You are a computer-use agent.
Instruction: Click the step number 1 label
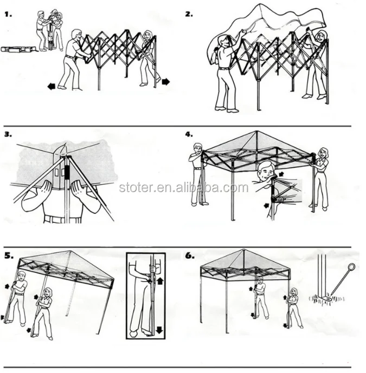click(x=9, y=14)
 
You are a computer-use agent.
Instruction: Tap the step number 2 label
click(x=189, y=14)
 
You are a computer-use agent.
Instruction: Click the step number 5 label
click(x=9, y=255)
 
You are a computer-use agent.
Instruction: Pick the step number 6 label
click(x=189, y=255)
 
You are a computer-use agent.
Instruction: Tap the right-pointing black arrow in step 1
click(x=165, y=82)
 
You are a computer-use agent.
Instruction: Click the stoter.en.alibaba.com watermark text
click(x=183, y=188)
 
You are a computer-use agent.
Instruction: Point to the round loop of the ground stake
click(x=351, y=267)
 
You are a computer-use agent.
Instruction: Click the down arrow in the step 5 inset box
click(x=161, y=328)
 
